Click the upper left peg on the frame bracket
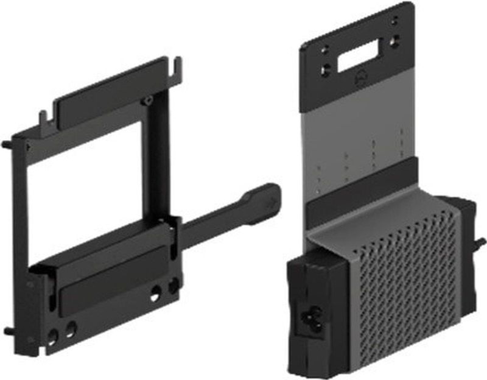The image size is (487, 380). click(x=7, y=145)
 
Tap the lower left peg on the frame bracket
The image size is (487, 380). click(x=8, y=331)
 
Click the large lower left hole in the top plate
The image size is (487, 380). click(x=326, y=69)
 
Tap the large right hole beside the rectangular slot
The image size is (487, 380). click(x=394, y=42)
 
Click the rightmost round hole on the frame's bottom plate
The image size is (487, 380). click(x=173, y=284)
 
